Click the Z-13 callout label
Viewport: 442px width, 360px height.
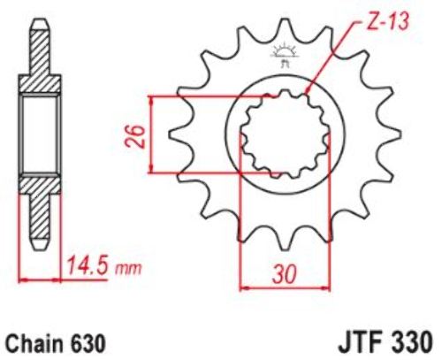[387, 22]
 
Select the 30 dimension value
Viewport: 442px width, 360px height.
[285, 274]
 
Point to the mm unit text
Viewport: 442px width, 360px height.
[128, 268]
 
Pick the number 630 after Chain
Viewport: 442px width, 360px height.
[88, 343]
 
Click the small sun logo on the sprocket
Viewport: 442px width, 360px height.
[284, 55]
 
